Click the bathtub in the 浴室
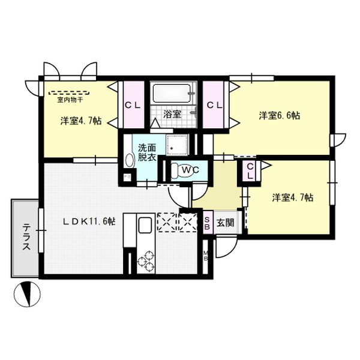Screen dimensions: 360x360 pos(172,93)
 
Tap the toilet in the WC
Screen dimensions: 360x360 pos(182,170)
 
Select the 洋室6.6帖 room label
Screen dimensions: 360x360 pos(280,115)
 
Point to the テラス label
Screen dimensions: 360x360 pos(26,237)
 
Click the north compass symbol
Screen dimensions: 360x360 pos(27,294)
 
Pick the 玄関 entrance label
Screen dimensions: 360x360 pos(226,223)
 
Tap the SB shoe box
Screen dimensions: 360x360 pos(208,223)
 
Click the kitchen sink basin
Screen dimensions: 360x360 pos(145,225)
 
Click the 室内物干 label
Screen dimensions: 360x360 pos(70,100)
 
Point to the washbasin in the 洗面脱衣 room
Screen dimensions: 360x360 pos(130,160)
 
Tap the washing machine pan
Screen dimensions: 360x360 pos(177,145)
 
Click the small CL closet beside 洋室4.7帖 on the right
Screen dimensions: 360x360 pos(250,171)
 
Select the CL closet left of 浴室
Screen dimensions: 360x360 pos(134,104)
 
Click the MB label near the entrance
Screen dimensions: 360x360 pos(206,256)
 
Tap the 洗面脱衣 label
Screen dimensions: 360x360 pos(147,152)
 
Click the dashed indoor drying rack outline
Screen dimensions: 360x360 pos(69,93)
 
